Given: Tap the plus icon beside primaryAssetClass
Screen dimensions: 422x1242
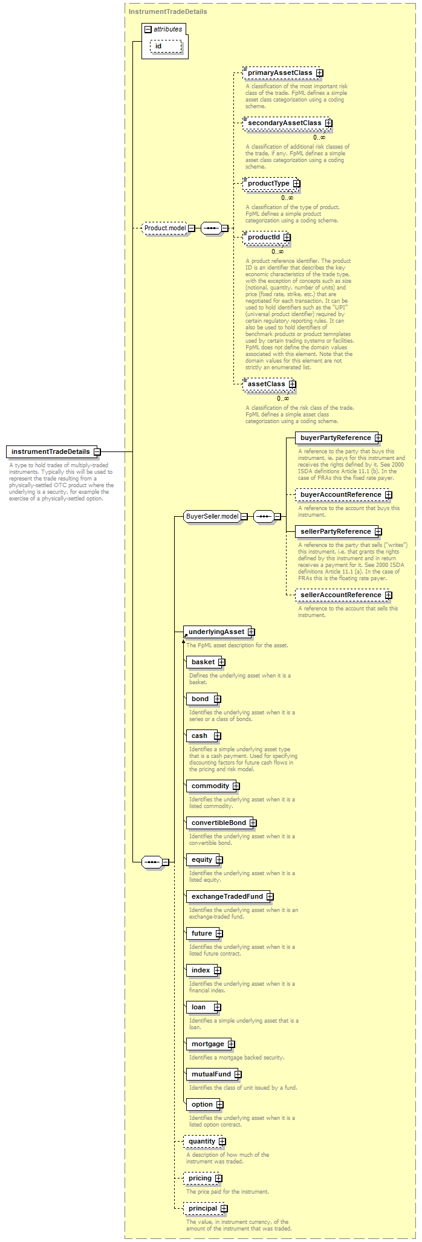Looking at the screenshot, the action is tap(320, 73).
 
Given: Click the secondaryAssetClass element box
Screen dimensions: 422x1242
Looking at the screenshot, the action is tap(284, 123).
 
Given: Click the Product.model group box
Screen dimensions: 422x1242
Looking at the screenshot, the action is tap(165, 228).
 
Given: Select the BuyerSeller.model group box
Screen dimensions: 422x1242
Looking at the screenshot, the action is tap(212, 517).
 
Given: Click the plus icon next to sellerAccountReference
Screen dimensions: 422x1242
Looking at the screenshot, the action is tap(389, 595).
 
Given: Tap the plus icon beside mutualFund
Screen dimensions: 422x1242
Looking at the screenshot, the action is tap(238, 1075).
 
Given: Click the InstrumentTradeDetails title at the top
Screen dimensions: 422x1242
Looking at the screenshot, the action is tap(168, 11).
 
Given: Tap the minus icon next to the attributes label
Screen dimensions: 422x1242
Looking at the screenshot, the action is tap(148, 30).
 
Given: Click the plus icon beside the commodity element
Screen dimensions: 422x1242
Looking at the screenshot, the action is tap(236, 786).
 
